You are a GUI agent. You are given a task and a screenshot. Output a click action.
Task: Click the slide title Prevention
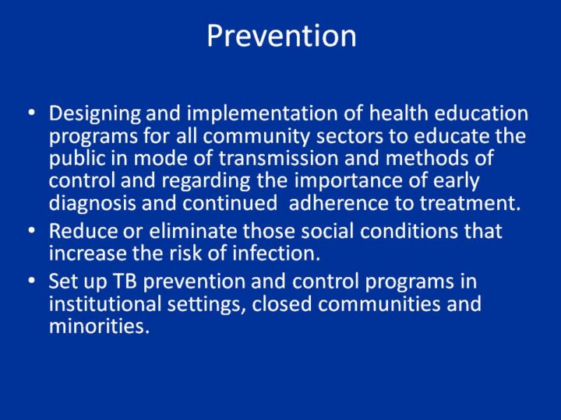281,35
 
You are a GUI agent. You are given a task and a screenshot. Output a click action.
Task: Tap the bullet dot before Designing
32,113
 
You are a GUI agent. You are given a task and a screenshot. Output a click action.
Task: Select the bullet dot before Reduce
32,231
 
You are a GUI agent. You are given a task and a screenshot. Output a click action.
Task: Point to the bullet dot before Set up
32,281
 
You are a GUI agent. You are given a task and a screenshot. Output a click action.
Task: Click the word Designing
95,114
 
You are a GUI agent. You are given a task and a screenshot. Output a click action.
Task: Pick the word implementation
262,114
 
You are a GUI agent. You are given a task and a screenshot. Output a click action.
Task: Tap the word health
399,113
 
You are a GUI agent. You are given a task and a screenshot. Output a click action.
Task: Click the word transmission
278,158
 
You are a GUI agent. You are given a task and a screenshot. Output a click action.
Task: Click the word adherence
338,203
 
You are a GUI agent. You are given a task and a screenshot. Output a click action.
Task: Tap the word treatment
470,203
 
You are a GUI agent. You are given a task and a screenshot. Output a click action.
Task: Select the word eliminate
193,231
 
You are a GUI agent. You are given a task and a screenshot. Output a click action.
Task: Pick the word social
327,231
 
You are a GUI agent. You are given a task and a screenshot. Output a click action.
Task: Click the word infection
276,254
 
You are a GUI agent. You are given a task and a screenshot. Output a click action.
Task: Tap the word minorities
99,326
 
